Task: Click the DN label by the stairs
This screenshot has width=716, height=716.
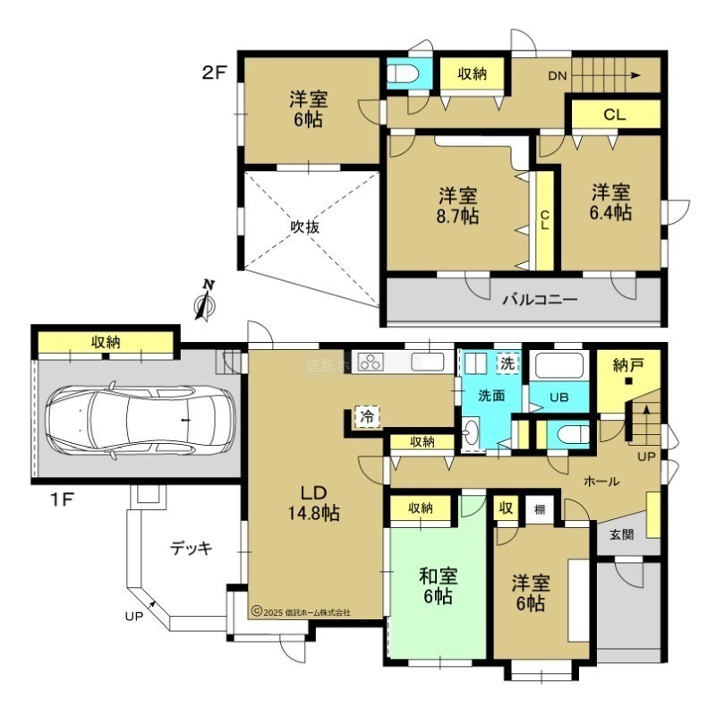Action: (x=557, y=76)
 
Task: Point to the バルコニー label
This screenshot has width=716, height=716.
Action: (x=541, y=300)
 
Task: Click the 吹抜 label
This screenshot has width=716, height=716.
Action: (x=305, y=226)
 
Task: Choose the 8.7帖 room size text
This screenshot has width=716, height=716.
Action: (x=457, y=216)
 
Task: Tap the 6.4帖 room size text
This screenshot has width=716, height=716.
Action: (x=610, y=213)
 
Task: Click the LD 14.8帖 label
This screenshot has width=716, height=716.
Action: (x=314, y=503)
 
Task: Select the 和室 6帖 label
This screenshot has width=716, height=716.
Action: (x=438, y=585)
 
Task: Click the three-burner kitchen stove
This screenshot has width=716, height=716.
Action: (x=371, y=362)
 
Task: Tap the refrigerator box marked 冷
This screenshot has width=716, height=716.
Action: (x=367, y=416)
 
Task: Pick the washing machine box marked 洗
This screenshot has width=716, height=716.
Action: (x=507, y=363)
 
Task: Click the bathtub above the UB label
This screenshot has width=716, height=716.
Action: (x=559, y=366)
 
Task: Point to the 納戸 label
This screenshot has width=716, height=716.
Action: (x=629, y=365)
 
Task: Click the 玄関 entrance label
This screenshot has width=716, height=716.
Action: (x=621, y=534)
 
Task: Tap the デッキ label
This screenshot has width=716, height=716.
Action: (x=192, y=548)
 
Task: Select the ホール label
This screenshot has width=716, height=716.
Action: (x=601, y=481)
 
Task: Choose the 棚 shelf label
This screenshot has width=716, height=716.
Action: (x=540, y=508)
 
